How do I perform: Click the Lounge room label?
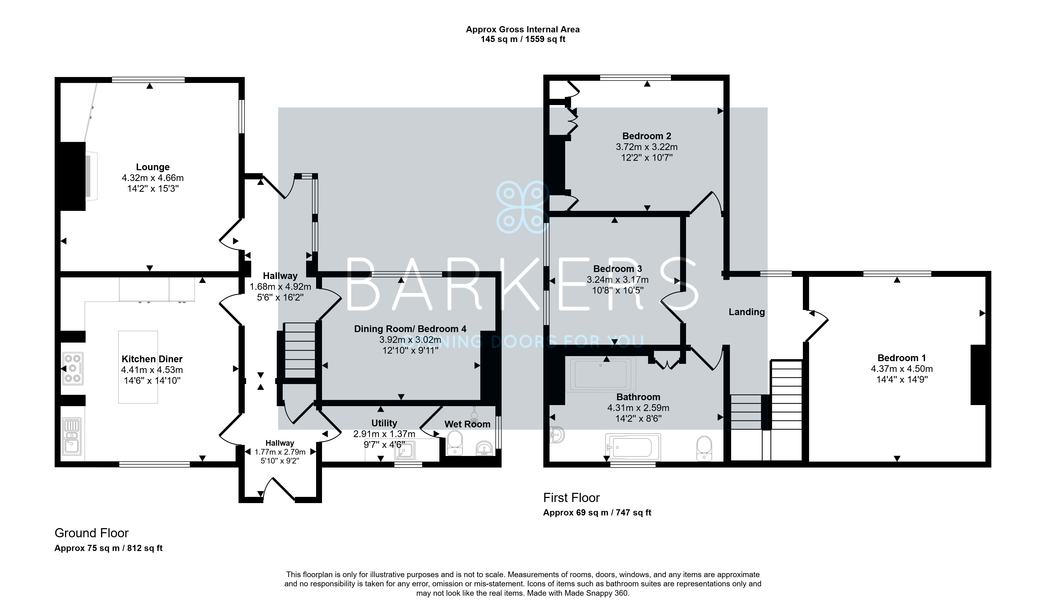[153, 167]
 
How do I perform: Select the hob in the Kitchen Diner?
[73, 368]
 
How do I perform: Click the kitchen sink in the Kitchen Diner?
[72, 437]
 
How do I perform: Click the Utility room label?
[384, 423]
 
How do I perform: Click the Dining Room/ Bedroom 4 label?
[410, 329]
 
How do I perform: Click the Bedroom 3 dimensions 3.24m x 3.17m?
[618, 280]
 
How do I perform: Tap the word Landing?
[747, 312]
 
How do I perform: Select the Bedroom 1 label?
[901, 358]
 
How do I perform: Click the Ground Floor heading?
[92, 533]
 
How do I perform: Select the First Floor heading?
[572, 497]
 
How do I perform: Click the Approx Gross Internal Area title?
[523, 29]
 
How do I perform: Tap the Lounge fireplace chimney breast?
[73, 176]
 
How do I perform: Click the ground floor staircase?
[300, 350]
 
